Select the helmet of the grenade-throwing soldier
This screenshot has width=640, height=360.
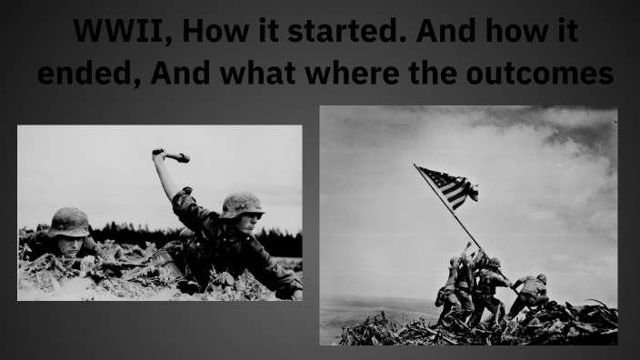[242, 204]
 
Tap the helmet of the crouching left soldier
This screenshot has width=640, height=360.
[69, 221]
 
